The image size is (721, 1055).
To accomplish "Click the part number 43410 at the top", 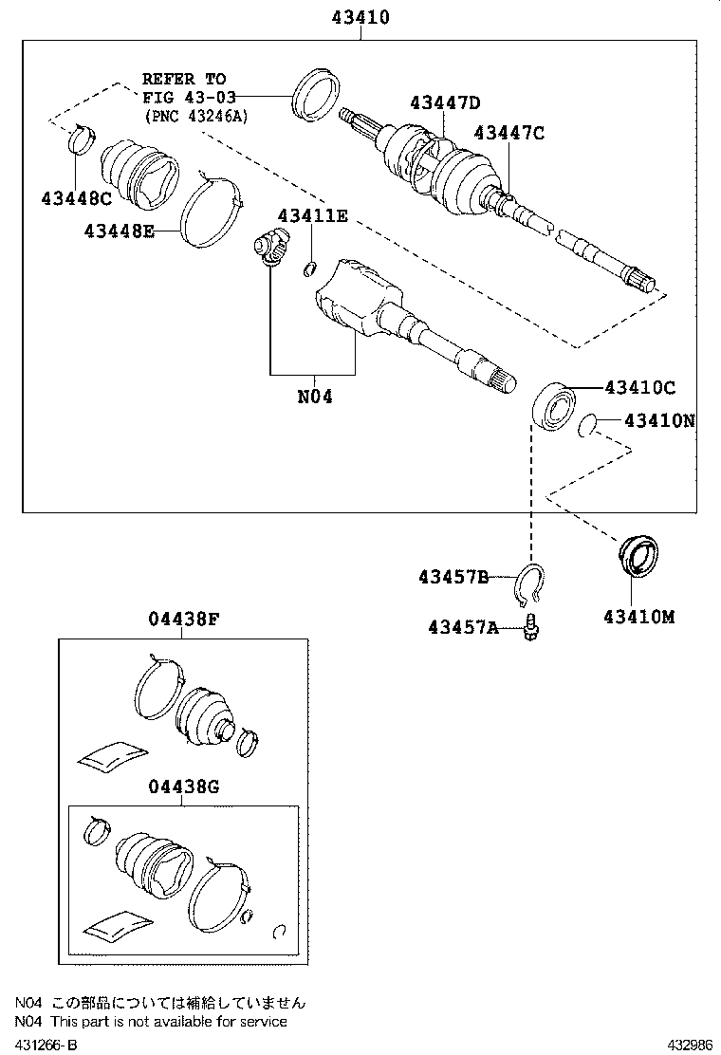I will tap(360, 17).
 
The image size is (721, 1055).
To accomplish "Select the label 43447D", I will tap(445, 102).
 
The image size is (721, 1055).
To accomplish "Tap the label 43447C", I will tap(509, 133).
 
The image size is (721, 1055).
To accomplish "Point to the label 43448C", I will tap(76, 198).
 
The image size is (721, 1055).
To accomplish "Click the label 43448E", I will tap(119, 231).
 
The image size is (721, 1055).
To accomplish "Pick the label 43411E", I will tap(312, 215).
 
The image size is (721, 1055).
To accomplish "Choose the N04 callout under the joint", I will tap(315, 397).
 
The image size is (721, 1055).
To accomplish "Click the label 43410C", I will tap(640, 387).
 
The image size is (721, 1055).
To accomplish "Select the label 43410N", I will tap(659, 419).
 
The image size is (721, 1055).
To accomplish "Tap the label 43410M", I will tap(638, 616).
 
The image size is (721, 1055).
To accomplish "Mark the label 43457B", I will tap(453, 577).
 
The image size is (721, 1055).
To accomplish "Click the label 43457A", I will tap(462, 626).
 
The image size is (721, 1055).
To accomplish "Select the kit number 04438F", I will tap(183, 620).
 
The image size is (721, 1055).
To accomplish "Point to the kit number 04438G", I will tap(183, 786).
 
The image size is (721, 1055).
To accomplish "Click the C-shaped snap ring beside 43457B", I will tap(532, 584).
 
